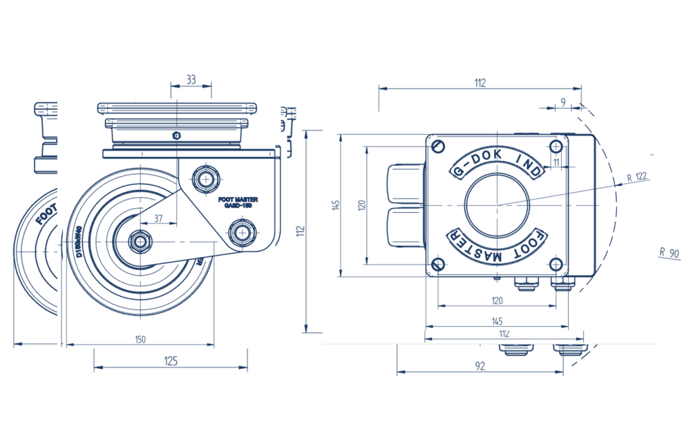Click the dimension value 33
[191, 80]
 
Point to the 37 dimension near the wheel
[159, 218]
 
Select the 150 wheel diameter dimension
[140, 339]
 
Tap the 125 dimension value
[170, 361]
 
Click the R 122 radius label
[636, 177]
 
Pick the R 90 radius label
[669, 252]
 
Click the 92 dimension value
[480, 366]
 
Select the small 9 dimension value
[563, 102]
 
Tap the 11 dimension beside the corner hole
[556, 162]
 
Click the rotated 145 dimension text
[336, 205]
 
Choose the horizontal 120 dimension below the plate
[497, 300]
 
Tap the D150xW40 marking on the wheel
[79, 242]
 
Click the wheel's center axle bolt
[140, 241]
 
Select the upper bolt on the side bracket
[205, 179]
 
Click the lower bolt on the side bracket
[241, 231]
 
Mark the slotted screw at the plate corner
[437, 146]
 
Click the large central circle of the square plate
[498, 205]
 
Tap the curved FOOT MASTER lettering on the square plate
[498, 248]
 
